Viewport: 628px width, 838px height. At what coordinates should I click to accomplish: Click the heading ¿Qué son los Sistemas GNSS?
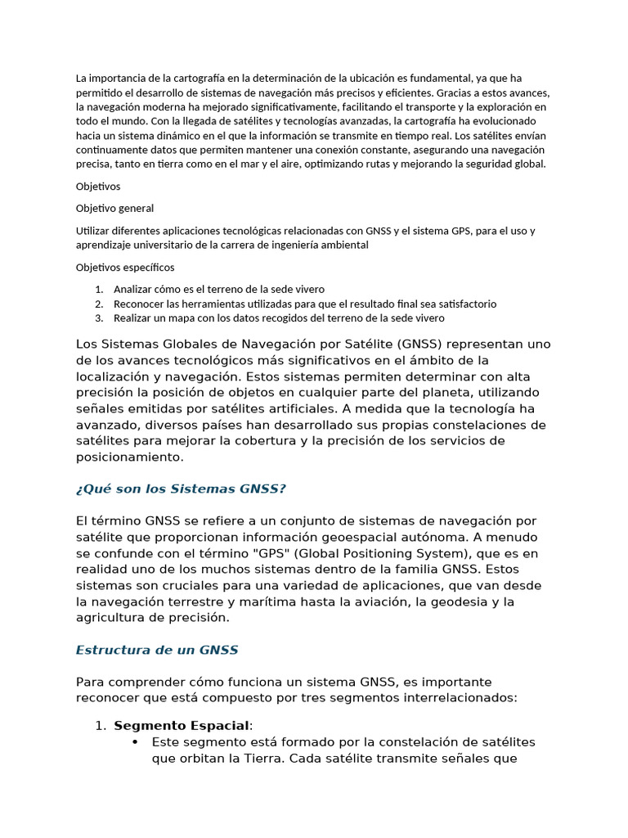point(181,489)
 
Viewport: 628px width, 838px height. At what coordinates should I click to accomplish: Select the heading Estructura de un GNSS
point(157,650)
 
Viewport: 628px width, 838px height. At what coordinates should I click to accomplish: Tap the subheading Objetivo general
point(114,208)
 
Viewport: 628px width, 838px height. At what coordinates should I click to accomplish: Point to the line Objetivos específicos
point(125,267)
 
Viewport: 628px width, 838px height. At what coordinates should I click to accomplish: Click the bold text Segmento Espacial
point(182,725)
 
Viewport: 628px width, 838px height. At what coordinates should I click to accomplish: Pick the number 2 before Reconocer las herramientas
point(99,304)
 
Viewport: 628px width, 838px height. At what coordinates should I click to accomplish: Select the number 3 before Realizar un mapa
point(99,318)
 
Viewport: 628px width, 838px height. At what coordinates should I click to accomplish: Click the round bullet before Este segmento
point(135,741)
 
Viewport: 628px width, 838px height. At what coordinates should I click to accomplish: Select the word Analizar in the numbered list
point(134,289)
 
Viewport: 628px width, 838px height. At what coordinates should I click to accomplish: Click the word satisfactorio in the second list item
point(466,304)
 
